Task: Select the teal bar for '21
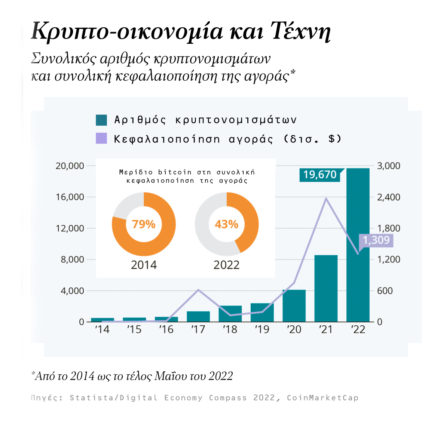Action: coord(326,288)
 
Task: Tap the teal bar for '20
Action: coord(294,305)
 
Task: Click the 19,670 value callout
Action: coord(320,175)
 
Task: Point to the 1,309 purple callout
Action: coord(376,240)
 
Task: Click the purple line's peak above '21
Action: coord(326,199)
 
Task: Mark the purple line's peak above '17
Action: coord(198,290)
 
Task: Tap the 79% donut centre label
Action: coord(144,224)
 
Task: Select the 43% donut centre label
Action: coord(226,224)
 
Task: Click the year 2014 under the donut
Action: coord(144,265)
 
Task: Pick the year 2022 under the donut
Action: coord(226,265)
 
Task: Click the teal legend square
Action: coord(101,120)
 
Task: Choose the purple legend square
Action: coord(101,139)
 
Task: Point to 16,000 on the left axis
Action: coord(70,197)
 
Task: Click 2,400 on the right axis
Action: coord(388,197)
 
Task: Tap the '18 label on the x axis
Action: coord(230,329)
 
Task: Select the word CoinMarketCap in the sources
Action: coord(323,398)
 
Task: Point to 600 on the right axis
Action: coord(385,290)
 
